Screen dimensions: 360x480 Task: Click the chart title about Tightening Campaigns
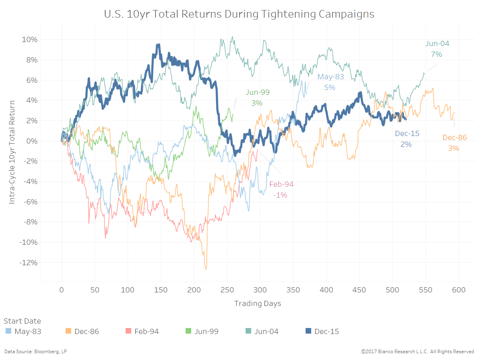tap(239, 14)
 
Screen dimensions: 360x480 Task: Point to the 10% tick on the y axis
tap(30, 40)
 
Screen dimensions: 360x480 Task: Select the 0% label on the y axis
tap(32, 141)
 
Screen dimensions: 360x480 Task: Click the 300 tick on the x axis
tap(260, 290)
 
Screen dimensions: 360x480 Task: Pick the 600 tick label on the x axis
tap(459, 290)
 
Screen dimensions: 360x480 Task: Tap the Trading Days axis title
tap(258, 303)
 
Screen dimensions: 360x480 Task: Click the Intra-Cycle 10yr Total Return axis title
tap(12, 152)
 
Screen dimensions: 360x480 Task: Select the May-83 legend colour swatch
tap(8, 331)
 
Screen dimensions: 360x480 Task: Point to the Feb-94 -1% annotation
tap(281, 190)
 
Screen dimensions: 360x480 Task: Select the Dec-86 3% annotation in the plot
tap(454, 143)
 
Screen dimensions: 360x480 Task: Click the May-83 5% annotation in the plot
tap(330, 82)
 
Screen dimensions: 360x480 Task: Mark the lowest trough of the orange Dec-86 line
tap(206, 269)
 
